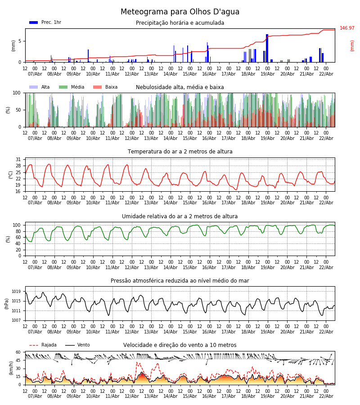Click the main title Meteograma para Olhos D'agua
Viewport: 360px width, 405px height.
pos(180,12)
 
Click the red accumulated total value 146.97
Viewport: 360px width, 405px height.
pos(347,28)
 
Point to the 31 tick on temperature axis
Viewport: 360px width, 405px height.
pos(18,160)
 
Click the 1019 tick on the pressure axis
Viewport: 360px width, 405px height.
pos(16,292)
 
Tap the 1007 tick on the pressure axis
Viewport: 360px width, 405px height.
pos(16,320)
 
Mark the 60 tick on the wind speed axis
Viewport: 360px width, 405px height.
pos(18,352)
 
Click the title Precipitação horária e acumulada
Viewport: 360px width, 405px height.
pos(180,23)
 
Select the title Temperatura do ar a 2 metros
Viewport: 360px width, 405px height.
pos(180,152)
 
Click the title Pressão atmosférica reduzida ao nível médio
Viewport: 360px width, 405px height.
pos(180,281)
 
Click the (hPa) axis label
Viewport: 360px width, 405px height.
pos(7,303)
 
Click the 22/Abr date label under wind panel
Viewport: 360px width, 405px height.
pos(326,396)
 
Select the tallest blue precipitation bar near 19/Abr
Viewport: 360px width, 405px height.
pos(267,48)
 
